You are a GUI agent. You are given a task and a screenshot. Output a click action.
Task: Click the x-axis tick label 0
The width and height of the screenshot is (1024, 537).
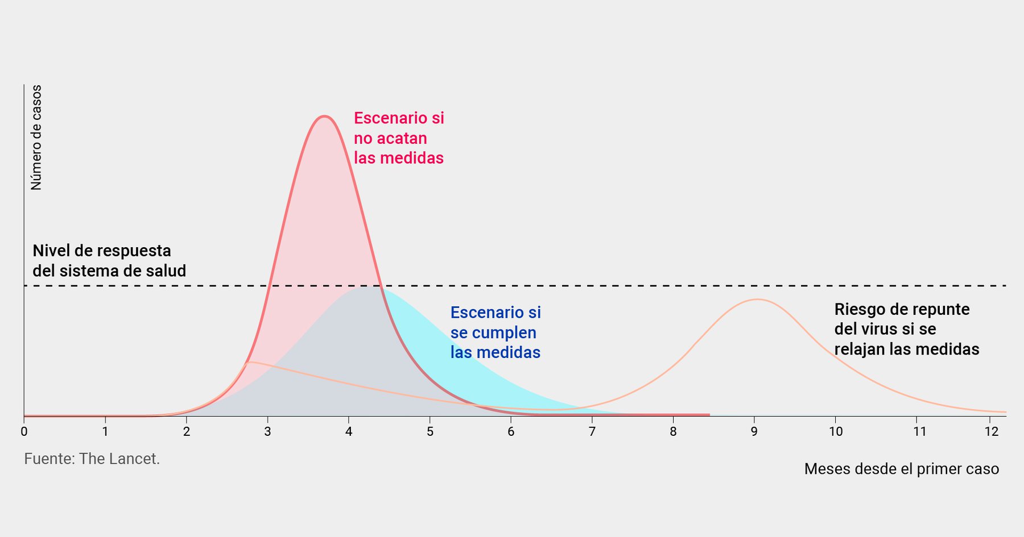point(24,432)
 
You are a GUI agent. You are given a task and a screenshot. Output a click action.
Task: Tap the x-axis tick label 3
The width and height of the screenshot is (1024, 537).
point(267,432)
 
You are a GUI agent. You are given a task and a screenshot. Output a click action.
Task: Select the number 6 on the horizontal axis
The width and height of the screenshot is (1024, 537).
point(511,432)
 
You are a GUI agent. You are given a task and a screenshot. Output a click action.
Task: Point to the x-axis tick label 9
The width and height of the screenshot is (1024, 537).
point(754,432)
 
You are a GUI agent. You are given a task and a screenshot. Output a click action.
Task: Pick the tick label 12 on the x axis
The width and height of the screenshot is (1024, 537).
point(992,432)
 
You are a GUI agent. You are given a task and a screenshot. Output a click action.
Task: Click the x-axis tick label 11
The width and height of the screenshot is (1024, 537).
point(919,432)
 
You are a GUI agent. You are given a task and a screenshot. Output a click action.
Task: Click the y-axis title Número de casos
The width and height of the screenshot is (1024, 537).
point(36,137)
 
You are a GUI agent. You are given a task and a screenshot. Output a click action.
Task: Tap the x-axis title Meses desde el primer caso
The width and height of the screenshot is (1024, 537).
point(901,469)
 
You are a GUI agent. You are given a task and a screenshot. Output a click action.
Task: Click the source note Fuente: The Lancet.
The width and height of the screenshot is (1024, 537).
point(92,459)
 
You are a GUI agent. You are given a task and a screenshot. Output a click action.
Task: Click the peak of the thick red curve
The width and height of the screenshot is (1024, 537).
point(324,116)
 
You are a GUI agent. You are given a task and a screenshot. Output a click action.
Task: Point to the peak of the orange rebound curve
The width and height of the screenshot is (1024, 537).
point(757,299)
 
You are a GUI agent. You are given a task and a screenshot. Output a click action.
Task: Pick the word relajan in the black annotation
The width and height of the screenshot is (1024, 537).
point(860,349)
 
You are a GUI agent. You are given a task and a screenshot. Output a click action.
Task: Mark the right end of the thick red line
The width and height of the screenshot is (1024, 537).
point(709,415)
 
